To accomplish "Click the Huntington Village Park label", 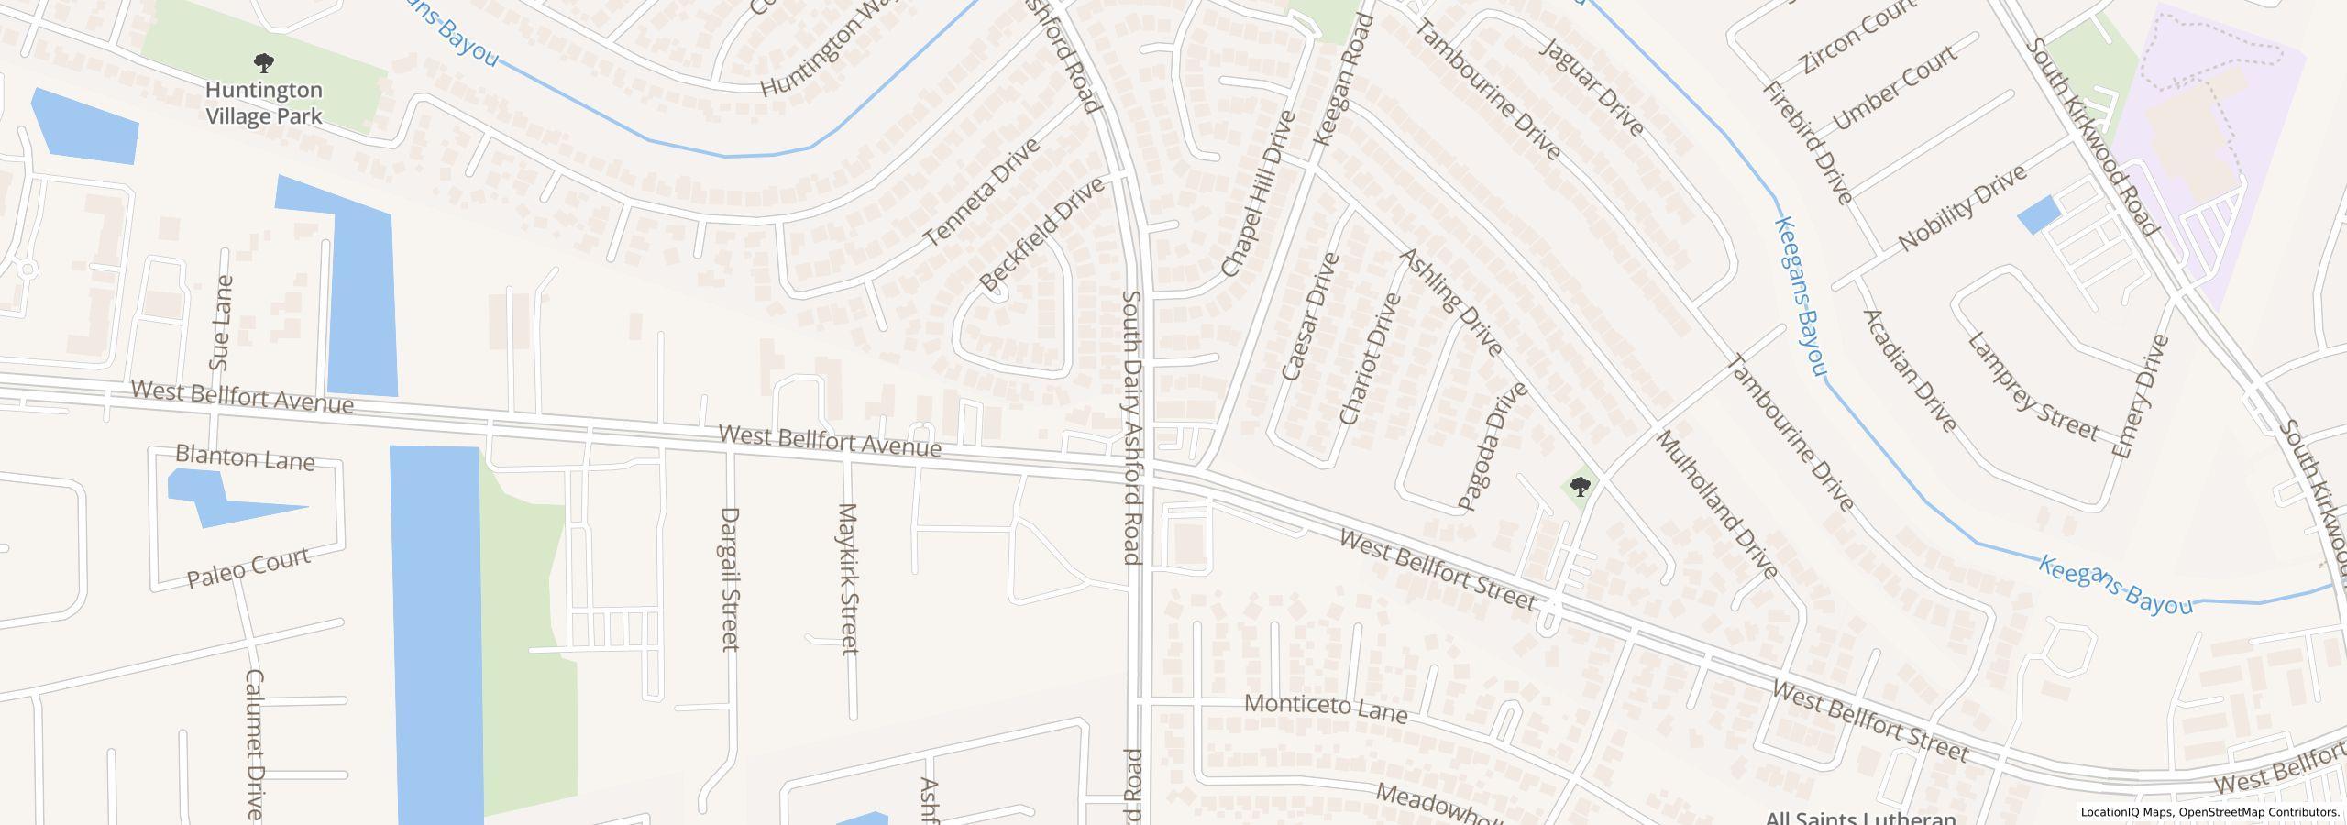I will click(264, 103).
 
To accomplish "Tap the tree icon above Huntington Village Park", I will click(264, 63).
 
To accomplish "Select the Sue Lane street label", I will click(221, 322).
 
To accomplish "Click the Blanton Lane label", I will click(245, 456).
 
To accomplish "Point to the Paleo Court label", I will click(248, 567).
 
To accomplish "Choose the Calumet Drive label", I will click(254, 743).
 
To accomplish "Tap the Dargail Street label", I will click(730, 579).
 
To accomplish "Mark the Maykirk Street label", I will click(848, 578).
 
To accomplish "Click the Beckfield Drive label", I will click(1041, 236).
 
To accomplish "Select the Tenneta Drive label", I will click(981, 192).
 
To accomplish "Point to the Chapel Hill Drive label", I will click(1258, 194).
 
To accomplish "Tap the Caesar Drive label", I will click(1310, 316).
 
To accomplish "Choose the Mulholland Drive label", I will click(1717, 504).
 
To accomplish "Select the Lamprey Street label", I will click(2033, 387).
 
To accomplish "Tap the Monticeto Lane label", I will click(1326, 709).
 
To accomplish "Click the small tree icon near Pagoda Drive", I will click(1580, 486).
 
